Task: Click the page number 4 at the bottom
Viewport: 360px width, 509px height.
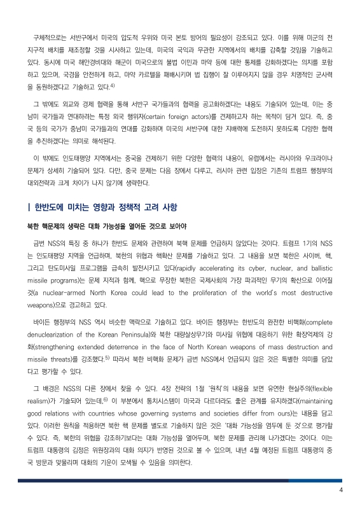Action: coord(342,489)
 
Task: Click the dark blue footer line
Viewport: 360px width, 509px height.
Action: coord(180,480)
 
